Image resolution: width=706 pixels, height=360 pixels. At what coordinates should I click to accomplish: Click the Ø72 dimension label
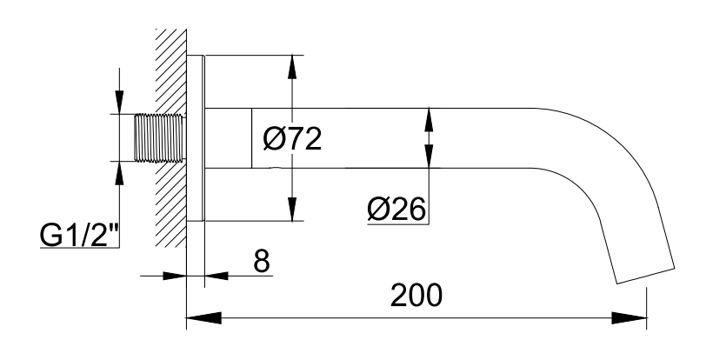[x=292, y=139]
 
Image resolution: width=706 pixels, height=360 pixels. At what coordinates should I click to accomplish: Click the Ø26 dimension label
[x=396, y=209]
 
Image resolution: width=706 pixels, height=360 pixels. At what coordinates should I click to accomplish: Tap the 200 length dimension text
[x=416, y=296]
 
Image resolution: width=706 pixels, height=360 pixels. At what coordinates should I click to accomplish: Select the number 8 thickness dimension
[x=262, y=260]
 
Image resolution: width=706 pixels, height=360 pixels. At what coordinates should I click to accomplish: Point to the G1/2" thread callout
[x=80, y=234]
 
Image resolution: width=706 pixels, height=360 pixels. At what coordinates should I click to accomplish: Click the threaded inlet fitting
[x=160, y=138]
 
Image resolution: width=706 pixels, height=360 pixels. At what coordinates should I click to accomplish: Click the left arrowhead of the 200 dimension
[x=204, y=317]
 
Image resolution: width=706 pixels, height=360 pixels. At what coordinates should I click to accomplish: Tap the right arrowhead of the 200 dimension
[x=629, y=317]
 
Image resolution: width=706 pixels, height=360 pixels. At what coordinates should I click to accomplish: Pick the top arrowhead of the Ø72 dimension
[x=293, y=67]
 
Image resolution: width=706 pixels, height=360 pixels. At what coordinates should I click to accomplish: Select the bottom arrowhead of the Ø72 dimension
[x=293, y=209]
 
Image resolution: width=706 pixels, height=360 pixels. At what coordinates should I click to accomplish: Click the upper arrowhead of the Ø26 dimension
[x=429, y=120]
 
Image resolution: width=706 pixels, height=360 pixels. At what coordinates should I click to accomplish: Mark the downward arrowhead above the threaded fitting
[x=119, y=103]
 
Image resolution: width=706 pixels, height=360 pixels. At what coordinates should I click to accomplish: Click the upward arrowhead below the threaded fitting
[x=119, y=172]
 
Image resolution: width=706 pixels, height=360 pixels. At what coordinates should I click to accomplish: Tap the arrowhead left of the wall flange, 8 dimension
[x=175, y=276]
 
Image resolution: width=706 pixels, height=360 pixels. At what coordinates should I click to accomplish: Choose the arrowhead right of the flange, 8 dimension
[x=216, y=276]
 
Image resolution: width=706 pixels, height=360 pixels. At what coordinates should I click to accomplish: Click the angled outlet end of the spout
[x=645, y=276]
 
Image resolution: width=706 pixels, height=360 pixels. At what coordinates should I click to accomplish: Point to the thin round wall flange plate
[x=196, y=138]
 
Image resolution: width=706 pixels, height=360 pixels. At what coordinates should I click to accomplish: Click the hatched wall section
[x=171, y=138]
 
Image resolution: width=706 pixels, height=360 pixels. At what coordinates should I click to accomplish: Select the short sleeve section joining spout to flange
[x=229, y=138]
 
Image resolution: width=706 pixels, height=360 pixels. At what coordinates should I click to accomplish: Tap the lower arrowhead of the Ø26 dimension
[x=429, y=157]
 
